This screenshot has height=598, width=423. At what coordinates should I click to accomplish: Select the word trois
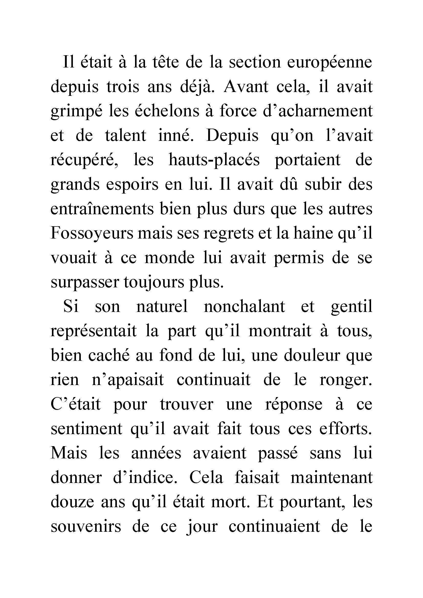[x=123, y=87]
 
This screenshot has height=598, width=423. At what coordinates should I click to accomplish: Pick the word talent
[x=125, y=136]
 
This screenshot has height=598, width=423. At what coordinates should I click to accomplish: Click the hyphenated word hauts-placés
[x=214, y=160]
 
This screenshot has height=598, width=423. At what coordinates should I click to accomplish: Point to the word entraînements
[x=102, y=209]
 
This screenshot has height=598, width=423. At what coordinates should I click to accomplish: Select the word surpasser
[x=85, y=282]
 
